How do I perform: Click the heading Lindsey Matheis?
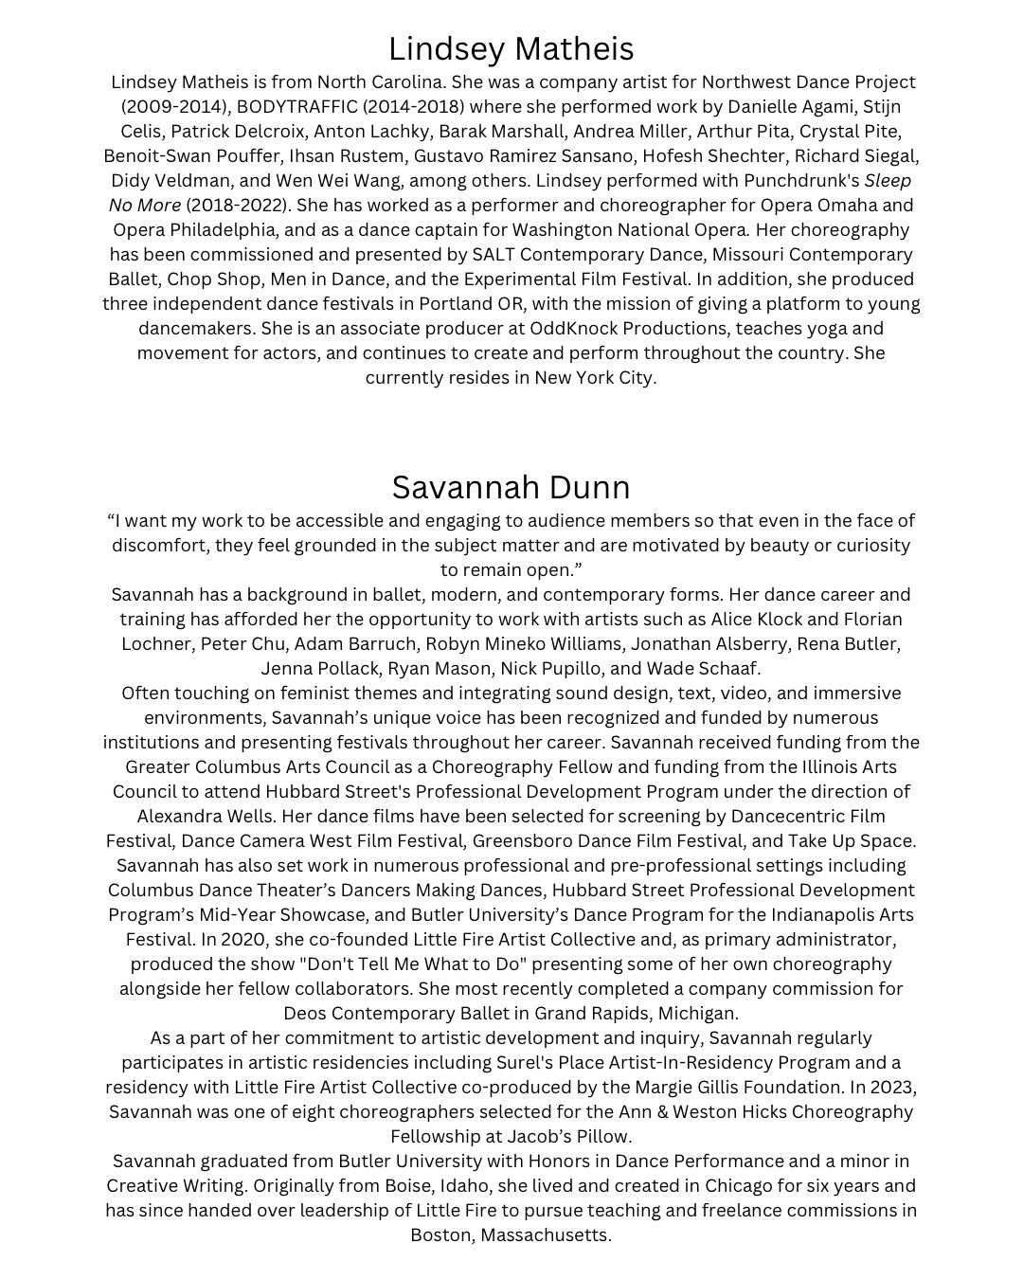511,48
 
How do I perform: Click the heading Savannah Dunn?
511,487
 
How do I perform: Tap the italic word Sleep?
888,180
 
